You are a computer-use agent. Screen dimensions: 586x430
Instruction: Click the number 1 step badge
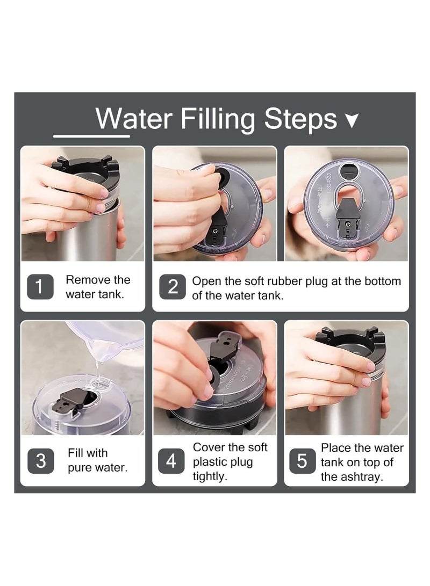(40, 287)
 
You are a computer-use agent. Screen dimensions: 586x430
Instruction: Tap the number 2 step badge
(173, 287)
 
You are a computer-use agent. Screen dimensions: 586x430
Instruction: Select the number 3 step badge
(40, 461)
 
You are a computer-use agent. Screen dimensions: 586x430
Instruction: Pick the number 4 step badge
(171, 461)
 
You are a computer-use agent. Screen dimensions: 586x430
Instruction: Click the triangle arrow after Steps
(352, 120)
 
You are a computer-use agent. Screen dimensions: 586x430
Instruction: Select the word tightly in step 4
(210, 476)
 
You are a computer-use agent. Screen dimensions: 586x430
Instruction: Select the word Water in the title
(134, 119)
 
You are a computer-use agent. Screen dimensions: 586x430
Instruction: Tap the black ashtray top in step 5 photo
(352, 338)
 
